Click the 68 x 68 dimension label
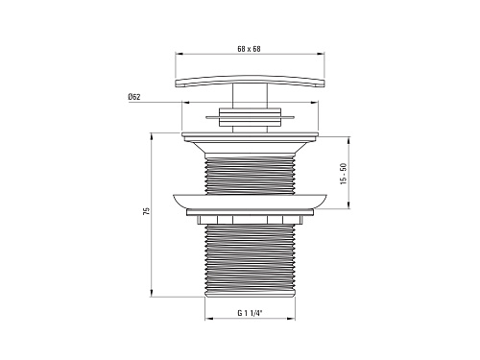tap(249, 49)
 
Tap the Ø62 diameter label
tap(134, 97)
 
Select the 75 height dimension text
tap(146, 211)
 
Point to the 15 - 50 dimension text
tap(344, 174)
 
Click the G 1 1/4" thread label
tap(250, 313)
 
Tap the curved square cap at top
tap(250, 81)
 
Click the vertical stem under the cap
tap(250, 96)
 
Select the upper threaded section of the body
tap(250, 175)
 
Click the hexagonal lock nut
tap(250, 220)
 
